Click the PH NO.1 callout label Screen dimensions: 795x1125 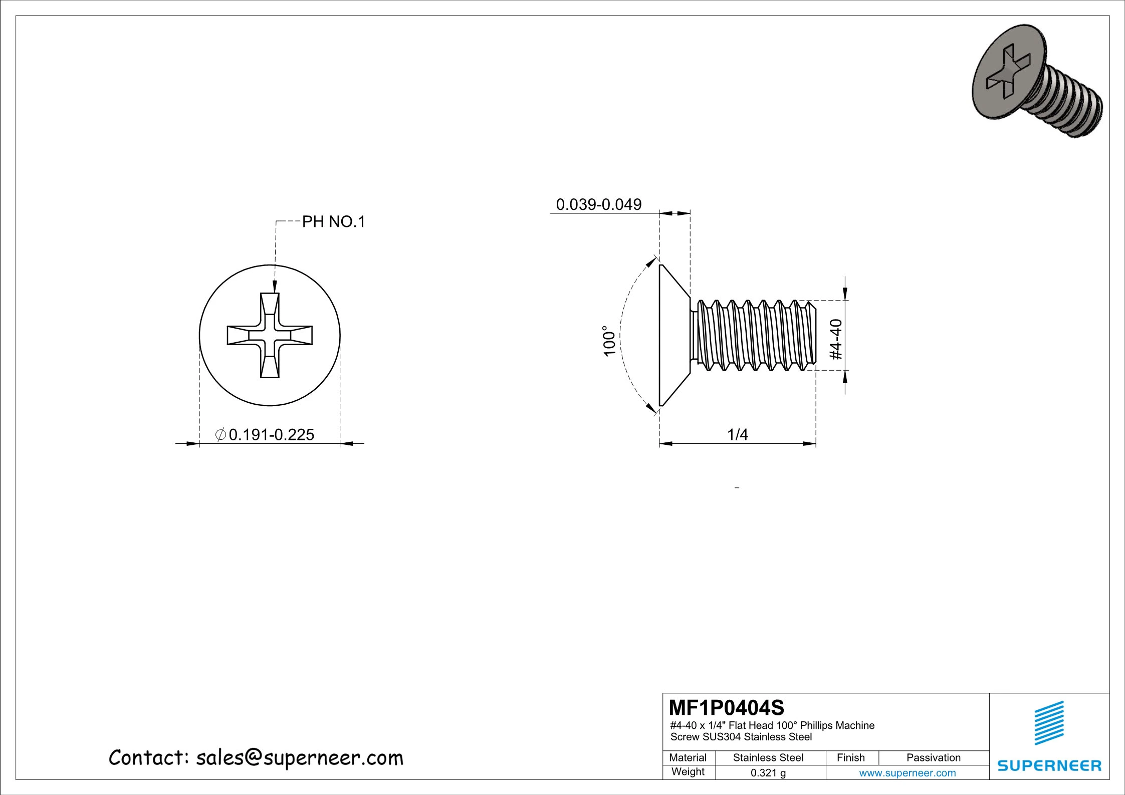pyautogui.click(x=333, y=221)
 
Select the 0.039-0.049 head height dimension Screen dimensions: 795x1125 pyautogui.click(x=598, y=204)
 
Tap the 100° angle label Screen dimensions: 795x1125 pyautogui.click(x=608, y=341)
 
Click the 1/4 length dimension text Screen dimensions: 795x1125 pyautogui.click(x=737, y=434)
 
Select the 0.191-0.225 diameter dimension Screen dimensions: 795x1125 pyautogui.click(x=271, y=434)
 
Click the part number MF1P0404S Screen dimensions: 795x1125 pyautogui.click(x=726, y=708)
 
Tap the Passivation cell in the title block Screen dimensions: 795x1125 pyautogui.click(x=933, y=757)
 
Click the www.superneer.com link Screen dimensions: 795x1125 pyautogui.click(x=907, y=773)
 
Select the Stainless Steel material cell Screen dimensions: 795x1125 pyautogui.click(x=768, y=757)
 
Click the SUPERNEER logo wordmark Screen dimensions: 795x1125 pyautogui.click(x=1049, y=765)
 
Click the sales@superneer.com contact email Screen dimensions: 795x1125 pyautogui.click(x=299, y=758)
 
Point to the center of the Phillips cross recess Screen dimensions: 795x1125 pyautogui.click(x=270, y=335)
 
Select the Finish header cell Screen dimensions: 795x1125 pyautogui.click(x=850, y=757)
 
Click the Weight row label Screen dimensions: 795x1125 pyautogui.click(x=688, y=771)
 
